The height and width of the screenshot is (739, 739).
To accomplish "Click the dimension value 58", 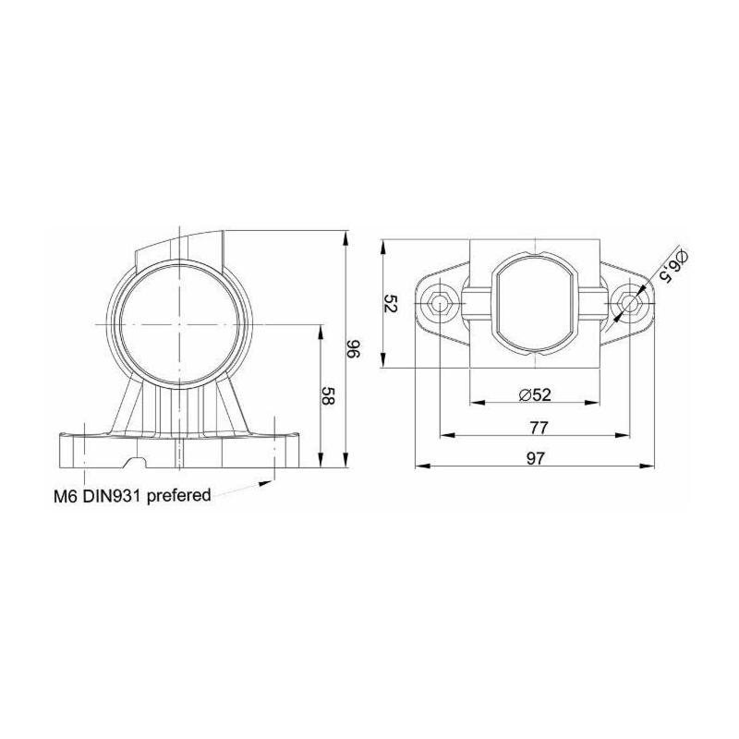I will point(328,395).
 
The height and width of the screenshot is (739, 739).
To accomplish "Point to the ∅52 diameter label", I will point(536,394).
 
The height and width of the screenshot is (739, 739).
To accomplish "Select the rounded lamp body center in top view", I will point(536,302).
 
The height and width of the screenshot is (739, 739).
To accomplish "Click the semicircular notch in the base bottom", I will point(139,460).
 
